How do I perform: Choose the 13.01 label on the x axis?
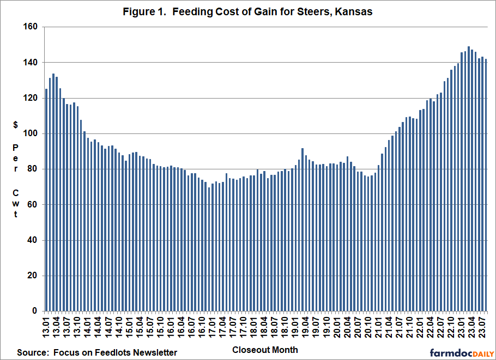[x=46, y=327]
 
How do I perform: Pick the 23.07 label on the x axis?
[x=482, y=327]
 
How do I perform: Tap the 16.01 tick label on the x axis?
[x=171, y=327]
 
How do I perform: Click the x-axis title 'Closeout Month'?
[x=265, y=350]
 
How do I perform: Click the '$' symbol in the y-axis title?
[x=16, y=125]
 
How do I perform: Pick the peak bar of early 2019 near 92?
[x=303, y=229]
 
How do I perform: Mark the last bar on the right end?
[x=486, y=185]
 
